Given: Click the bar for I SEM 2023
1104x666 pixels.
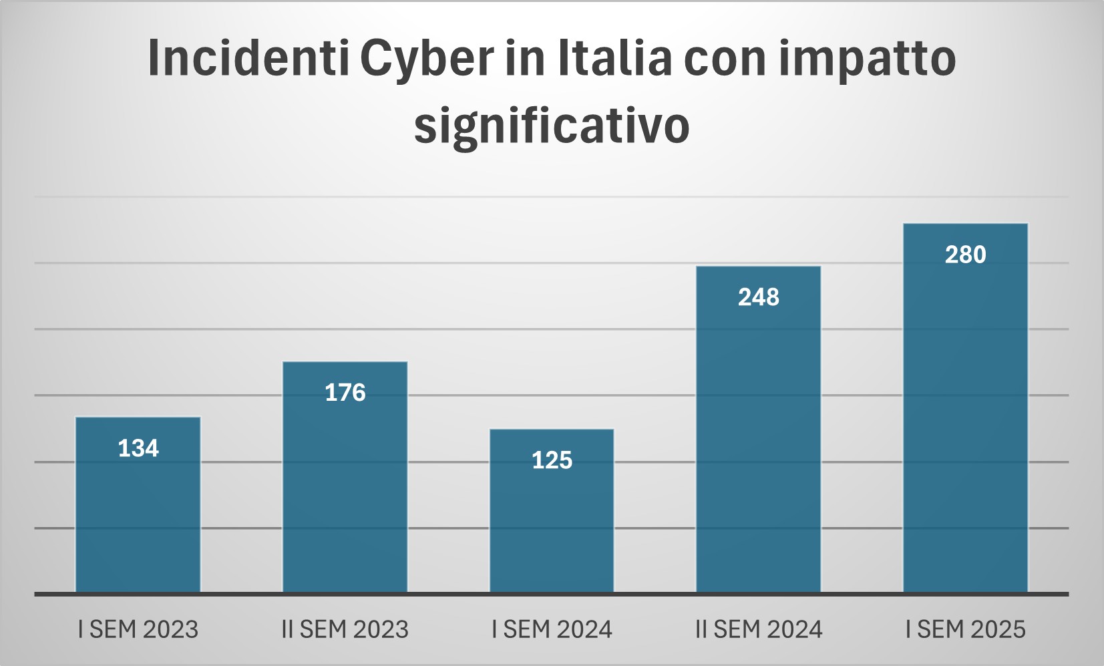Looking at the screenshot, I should coord(138,514).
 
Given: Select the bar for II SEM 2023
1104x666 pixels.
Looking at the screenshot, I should coord(345,488).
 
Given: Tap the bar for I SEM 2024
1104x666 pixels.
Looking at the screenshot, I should coord(552,521).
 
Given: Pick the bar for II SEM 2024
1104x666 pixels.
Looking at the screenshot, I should coord(758,441).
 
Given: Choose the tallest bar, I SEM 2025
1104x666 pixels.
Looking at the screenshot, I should coord(965,421).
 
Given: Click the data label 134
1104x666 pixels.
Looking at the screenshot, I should coord(138,448).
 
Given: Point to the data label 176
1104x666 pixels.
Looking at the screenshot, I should coord(345,393).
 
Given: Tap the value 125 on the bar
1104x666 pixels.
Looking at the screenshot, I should coord(552,460).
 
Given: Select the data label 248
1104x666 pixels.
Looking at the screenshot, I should coord(758,297).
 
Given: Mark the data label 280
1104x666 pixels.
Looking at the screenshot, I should coord(965,255).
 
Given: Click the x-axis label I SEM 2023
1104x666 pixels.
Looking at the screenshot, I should coord(138,629).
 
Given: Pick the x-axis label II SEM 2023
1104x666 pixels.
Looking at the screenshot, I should coord(345,629).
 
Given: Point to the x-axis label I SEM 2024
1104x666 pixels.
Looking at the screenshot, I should coord(552,629).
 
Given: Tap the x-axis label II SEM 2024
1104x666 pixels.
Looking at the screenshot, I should coord(758,629).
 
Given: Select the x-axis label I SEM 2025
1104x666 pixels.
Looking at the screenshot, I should coord(965,629).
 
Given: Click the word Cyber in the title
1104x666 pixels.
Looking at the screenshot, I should coord(427,59).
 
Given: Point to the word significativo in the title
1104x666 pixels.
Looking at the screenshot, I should coord(552,126).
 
